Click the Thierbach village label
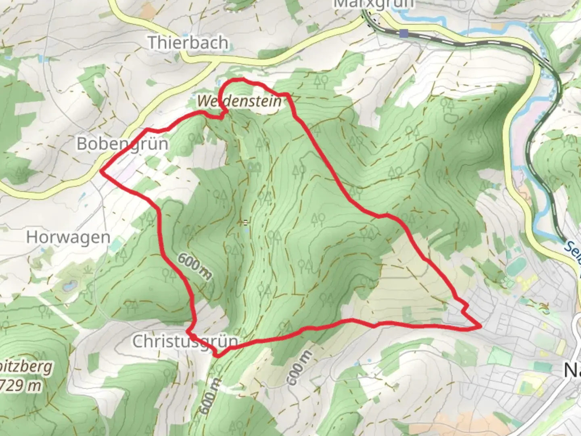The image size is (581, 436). coord(188,42)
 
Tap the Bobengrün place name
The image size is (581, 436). coord(122,144)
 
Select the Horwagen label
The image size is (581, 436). coord(68,237)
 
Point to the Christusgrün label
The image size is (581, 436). coord(185,342)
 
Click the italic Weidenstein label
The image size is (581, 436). coord(240,101)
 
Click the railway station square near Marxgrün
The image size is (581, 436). coord(403,34)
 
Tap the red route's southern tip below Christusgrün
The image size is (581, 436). coord(218,356)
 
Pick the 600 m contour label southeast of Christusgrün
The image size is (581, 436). coord(299,367)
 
